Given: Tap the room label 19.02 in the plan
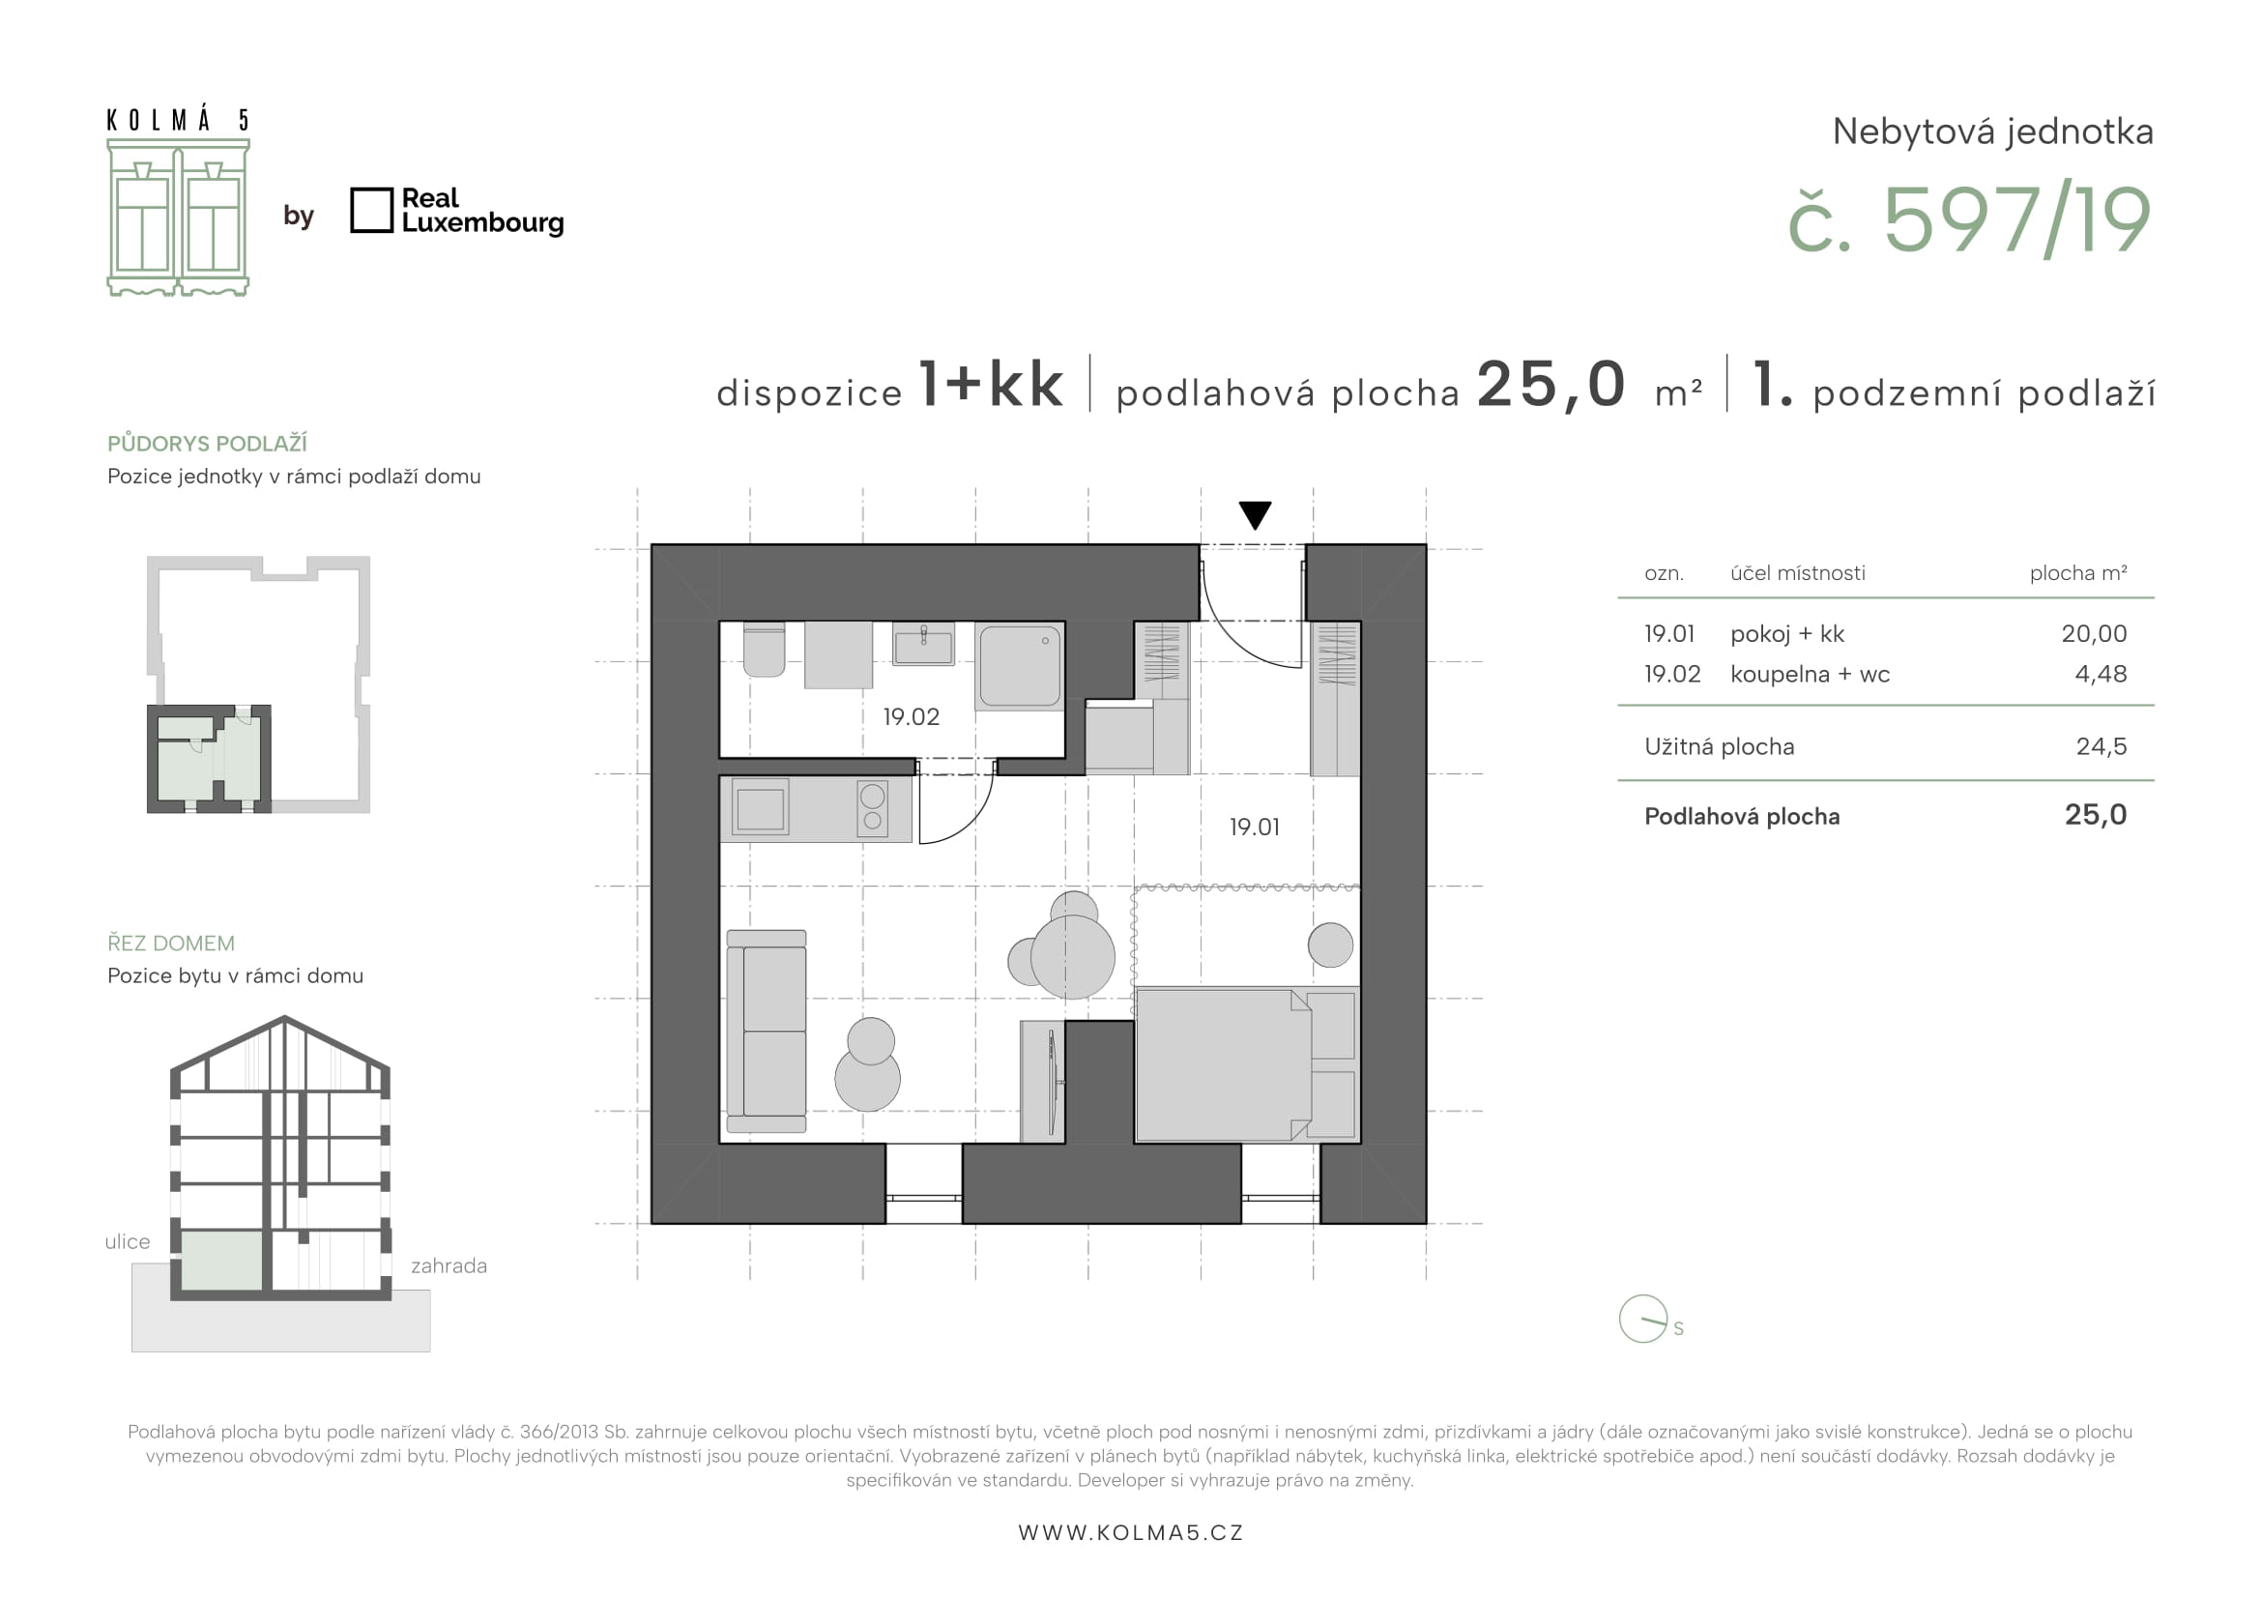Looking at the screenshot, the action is (911, 716).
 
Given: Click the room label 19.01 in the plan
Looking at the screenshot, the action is (1255, 828).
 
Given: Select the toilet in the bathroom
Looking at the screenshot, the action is (765, 650).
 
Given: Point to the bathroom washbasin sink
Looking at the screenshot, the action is (924, 644).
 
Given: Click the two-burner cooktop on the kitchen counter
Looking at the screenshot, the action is (873, 808).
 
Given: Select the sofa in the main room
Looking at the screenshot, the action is (767, 1031).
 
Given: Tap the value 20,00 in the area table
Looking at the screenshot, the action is (2094, 634).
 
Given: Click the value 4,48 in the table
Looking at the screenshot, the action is (2101, 675).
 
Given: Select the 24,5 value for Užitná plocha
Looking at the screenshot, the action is (2102, 746).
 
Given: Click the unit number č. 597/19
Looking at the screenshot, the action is (1969, 219).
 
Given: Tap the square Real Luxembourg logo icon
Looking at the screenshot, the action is (371, 211).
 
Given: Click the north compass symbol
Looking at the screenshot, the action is (1643, 1319).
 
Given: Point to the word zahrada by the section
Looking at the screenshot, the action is (449, 1266).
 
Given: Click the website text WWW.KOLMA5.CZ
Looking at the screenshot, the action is (1131, 1533).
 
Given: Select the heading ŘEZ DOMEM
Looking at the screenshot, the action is (171, 944).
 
